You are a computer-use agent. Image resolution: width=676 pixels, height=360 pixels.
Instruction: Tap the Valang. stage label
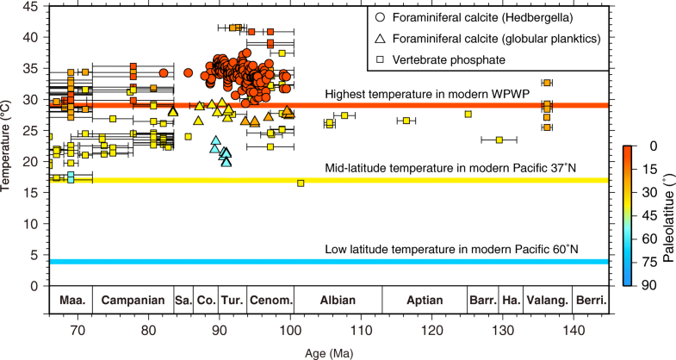(x=548, y=301)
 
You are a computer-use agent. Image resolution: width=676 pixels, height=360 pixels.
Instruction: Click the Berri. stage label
(x=592, y=301)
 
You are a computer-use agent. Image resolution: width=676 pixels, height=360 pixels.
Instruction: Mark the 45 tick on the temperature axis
(x=32, y=6)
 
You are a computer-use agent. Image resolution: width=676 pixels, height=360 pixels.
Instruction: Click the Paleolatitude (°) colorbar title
(x=668, y=215)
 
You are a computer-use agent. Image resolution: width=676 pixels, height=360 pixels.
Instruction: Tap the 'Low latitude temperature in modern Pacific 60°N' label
(x=451, y=250)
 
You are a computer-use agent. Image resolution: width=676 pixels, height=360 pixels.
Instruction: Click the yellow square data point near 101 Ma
(x=301, y=183)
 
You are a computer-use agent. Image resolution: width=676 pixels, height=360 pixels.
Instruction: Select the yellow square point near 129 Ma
(x=499, y=140)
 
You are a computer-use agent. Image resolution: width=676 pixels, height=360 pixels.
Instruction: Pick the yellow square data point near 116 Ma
(x=406, y=121)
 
